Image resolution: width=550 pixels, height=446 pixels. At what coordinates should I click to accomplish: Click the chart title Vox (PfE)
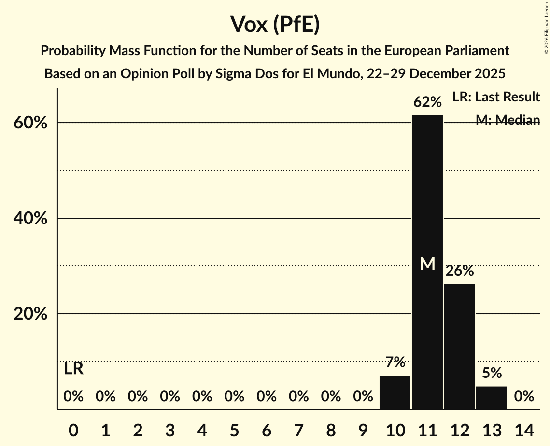pyautogui.click(x=275, y=25)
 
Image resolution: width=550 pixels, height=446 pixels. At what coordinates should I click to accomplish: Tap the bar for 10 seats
pyautogui.click(x=395, y=392)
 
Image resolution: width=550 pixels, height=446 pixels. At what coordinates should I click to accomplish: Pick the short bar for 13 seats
pyautogui.click(x=492, y=397)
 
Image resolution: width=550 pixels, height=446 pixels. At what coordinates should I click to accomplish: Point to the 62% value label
pyautogui.click(x=427, y=102)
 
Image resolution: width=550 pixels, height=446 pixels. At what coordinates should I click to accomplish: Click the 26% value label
pyautogui.click(x=460, y=271)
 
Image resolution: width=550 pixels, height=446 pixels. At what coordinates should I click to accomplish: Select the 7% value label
pyautogui.click(x=395, y=362)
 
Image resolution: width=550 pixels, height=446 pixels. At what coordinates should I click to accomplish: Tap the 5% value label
pyautogui.click(x=492, y=373)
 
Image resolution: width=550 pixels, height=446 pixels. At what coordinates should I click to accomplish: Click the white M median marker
pyautogui.click(x=427, y=264)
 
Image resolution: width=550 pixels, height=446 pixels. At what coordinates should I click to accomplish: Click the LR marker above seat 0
pyautogui.click(x=73, y=369)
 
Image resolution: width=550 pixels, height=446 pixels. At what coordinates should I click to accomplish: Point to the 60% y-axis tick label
pyautogui.click(x=30, y=123)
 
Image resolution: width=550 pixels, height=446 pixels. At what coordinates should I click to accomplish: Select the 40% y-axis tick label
pyautogui.click(x=30, y=219)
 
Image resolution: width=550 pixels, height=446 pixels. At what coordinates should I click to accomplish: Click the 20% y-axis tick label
pyautogui.click(x=30, y=314)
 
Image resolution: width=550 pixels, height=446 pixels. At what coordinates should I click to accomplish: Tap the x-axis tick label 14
pyautogui.click(x=524, y=430)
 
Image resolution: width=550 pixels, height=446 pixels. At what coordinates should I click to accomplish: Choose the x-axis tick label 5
pyautogui.click(x=234, y=430)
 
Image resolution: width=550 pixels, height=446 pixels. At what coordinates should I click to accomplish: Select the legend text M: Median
pyautogui.click(x=508, y=120)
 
